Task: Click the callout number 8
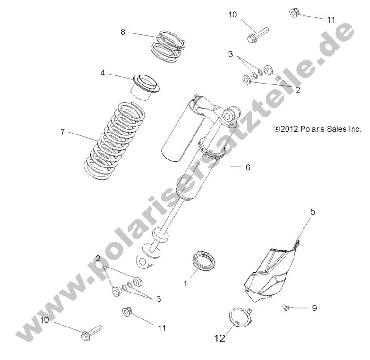[123, 32]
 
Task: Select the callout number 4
[102, 73]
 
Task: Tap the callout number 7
[62, 133]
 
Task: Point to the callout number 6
[248, 167]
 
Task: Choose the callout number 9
[314, 308]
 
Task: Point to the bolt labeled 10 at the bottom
[91, 332]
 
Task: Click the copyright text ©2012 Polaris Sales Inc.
[317, 129]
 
